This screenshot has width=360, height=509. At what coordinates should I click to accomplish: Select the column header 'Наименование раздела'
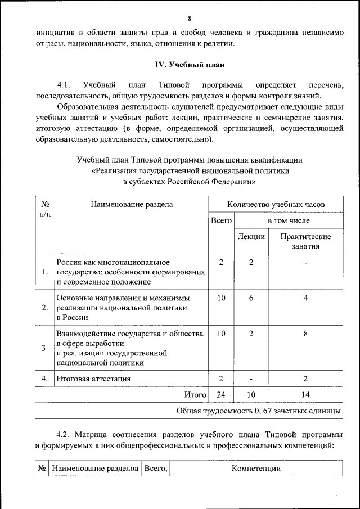coord(132,205)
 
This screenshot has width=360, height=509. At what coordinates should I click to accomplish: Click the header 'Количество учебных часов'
coord(276,205)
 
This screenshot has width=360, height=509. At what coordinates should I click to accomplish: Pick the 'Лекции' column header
coord(251,237)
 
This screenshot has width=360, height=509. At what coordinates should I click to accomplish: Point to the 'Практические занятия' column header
coord(305,241)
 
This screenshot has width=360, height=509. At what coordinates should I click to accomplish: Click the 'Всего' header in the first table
coord(221,221)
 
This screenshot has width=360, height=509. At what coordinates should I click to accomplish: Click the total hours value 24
coord(221,395)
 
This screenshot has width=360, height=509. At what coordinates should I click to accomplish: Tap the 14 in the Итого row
coord(305,395)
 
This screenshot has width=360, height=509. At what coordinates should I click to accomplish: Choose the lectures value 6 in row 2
coord(251,298)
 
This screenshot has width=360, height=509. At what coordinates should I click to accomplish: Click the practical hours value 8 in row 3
coord(305,334)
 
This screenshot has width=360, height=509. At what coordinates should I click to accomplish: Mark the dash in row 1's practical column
coord(305,263)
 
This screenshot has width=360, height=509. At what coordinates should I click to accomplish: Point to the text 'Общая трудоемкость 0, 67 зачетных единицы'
coord(258,411)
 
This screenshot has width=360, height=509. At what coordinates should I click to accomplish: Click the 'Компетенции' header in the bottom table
coord(255,468)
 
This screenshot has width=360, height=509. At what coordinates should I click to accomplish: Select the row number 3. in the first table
coord(44,348)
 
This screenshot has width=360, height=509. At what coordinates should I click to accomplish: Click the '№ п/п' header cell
coord(44,210)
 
